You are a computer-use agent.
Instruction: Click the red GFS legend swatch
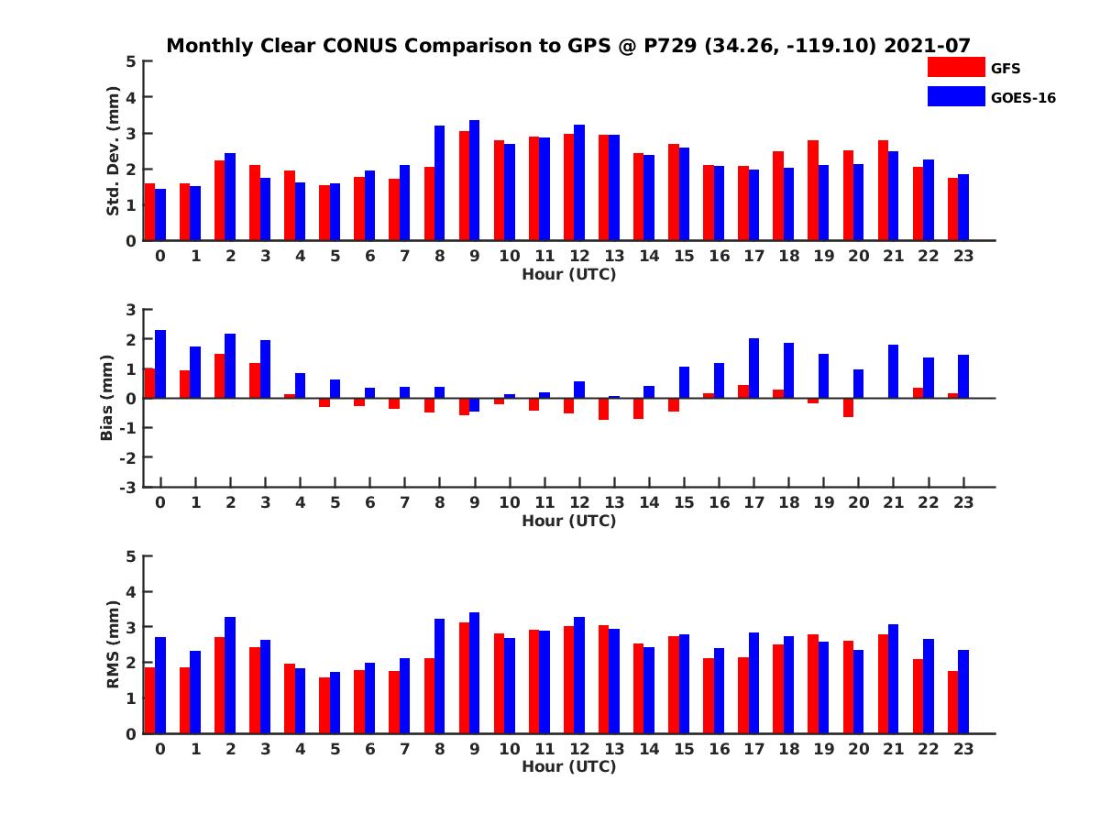click(x=956, y=67)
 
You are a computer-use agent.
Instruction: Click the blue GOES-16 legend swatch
click(x=956, y=96)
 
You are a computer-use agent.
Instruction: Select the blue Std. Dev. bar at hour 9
click(x=475, y=181)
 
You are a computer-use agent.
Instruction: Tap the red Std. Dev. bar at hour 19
click(x=813, y=191)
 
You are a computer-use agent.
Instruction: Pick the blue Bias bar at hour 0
click(x=160, y=364)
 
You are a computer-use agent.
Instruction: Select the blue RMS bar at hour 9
click(x=475, y=673)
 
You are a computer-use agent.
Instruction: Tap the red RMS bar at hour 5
click(x=324, y=705)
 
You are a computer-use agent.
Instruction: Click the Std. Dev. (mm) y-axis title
click(x=113, y=151)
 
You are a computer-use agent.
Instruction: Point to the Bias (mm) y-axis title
click(x=107, y=398)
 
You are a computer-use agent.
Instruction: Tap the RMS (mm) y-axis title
click(x=113, y=644)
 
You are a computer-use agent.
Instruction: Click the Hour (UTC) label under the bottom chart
click(x=568, y=766)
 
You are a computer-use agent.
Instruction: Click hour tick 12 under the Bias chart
click(x=579, y=502)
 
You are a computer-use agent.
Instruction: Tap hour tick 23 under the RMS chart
click(x=962, y=748)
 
